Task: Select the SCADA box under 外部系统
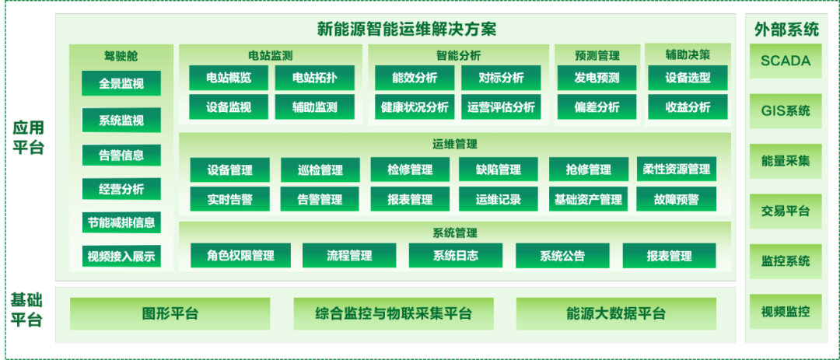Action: click(785, 61)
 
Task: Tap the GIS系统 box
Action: click(785, 110)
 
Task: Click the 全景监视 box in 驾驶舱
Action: click(121, 83)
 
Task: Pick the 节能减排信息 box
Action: click(121, 222)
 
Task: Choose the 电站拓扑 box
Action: click(315, 78)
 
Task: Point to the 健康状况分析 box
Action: click(415, 107)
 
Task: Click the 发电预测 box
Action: click(597, 78)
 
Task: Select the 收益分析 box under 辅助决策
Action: click(688, 107)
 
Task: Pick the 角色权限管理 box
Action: click(240, 256)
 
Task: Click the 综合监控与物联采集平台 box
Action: click(394, 314)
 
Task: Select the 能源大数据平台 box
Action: click(616, 314)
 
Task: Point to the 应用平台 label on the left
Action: click(27, 138)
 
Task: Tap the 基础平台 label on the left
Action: click(27, 309)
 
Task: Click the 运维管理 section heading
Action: click(454, 144)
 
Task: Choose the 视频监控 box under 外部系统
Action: click(785, 312)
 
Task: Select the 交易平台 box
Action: click(785, 211)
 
